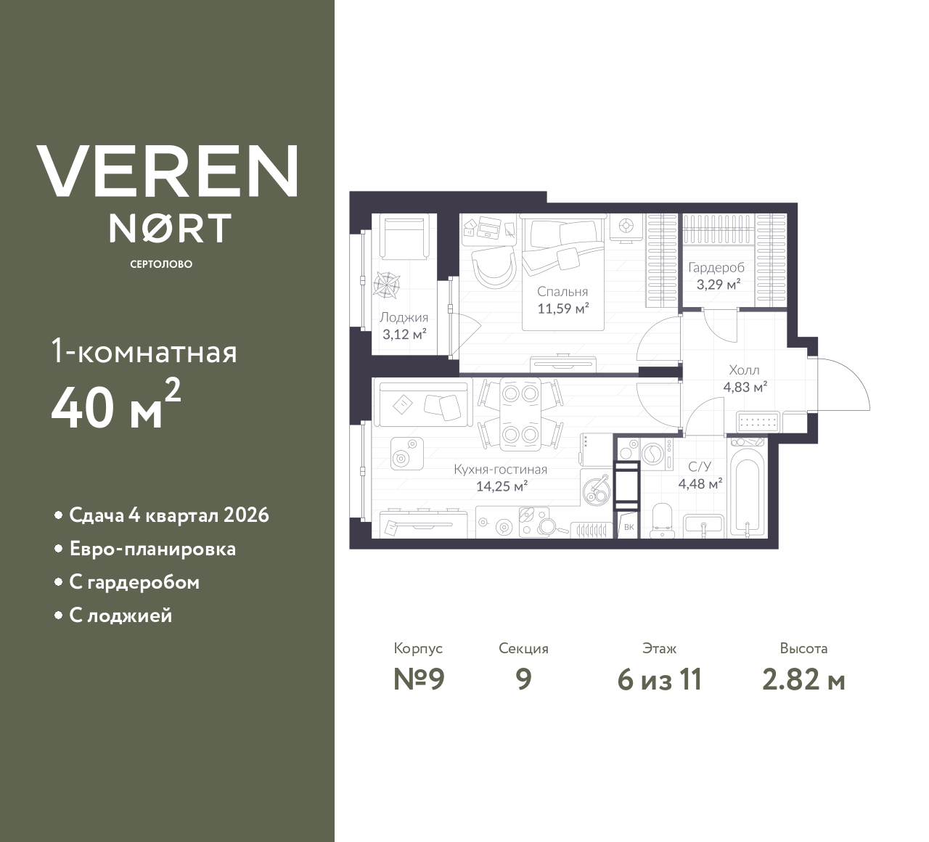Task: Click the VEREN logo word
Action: pos(168,171)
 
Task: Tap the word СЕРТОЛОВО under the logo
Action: pos(161,264)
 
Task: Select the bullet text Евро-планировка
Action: pos(152,549)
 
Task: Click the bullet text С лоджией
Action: pos(120,616)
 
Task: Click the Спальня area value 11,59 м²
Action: pos(562,308)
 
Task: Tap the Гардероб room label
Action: pos(716,267)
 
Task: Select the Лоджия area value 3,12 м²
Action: pos(404,335)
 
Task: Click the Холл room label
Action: pos(744,370)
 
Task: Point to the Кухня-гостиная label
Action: pos(500,469)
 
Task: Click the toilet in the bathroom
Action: pos(663,520)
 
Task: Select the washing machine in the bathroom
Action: pos(651,454)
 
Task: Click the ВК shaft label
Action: pos(629,528)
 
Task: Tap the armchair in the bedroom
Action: pos(493,268)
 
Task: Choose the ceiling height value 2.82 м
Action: pos(803,680)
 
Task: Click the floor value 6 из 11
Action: pos(659,680)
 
